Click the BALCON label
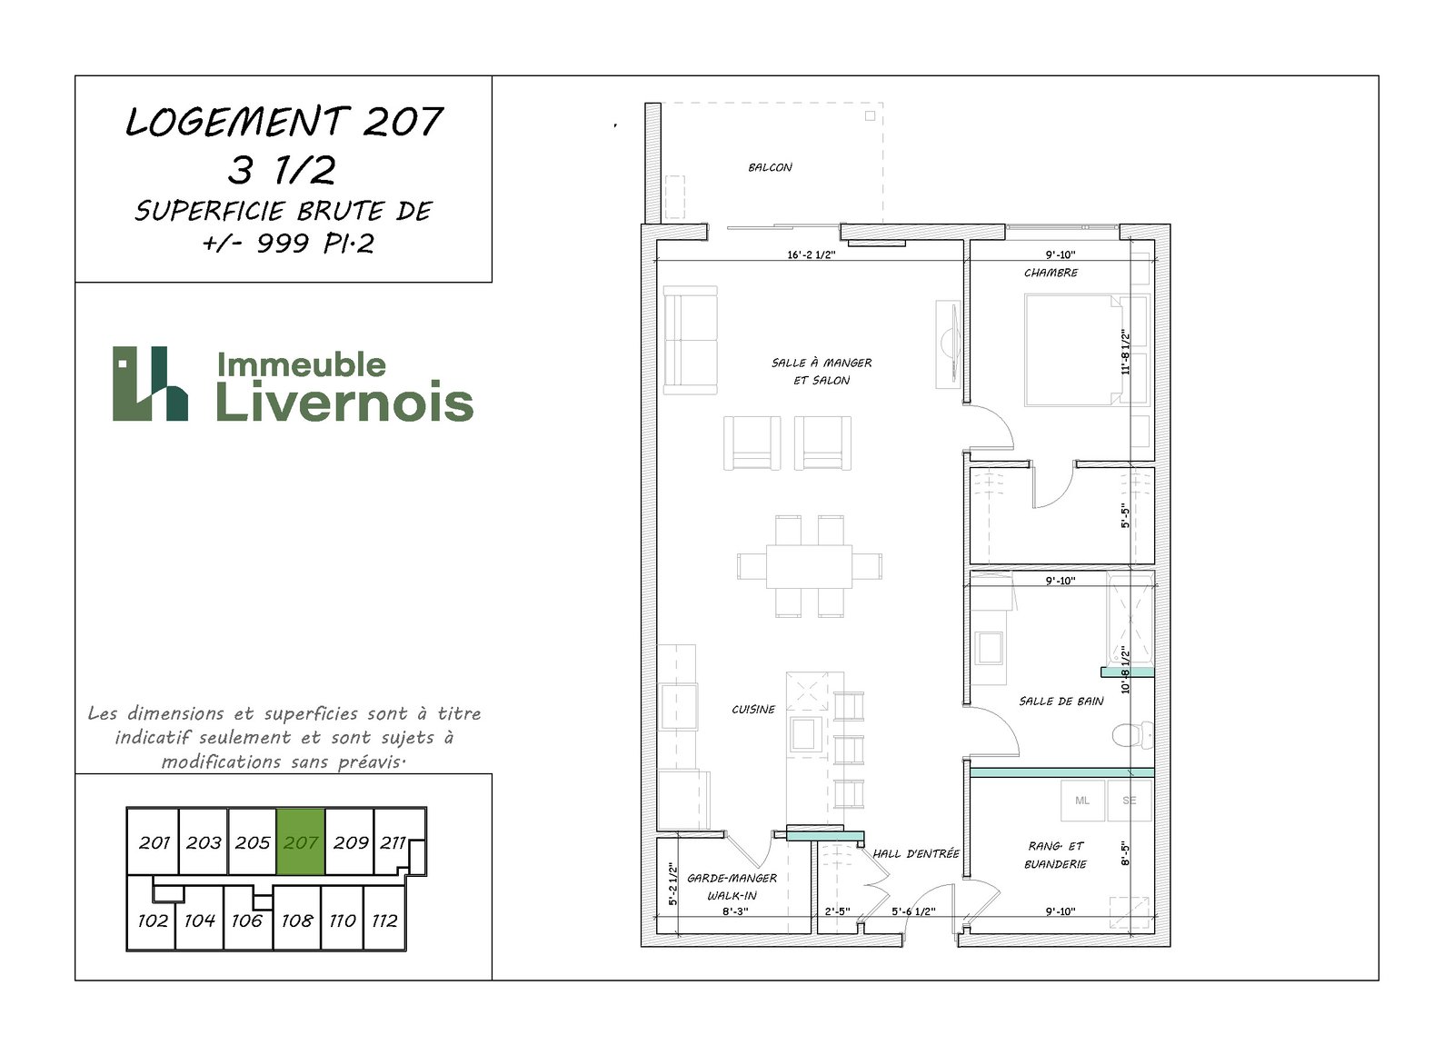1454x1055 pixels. click(770, 167)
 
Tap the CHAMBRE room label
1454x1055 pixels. click(1051, 273)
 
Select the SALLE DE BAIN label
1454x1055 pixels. click(1061, 702)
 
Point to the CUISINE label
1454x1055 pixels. click(753, 710)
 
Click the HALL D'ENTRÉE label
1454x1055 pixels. click(916, 854)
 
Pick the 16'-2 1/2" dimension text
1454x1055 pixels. click(811, 255)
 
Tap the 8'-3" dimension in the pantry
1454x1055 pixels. click(735, 911)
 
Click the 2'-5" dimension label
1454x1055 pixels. click(837, 911)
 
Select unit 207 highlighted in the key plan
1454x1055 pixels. click(301, 842)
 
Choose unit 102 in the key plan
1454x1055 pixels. click(153, 921)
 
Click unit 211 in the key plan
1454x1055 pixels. click(393, 842)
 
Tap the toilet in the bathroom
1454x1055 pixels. click(1132, 735)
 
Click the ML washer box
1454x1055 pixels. click(1082, 801)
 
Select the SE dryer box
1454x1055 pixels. click(1130, 801)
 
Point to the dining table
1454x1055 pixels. click(809, 566)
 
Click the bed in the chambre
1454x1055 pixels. click(1073, 351)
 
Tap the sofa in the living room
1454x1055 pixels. click(690, 340)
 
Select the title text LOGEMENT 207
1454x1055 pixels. click(284, 122)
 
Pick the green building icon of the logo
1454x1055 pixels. click(150, 383)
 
